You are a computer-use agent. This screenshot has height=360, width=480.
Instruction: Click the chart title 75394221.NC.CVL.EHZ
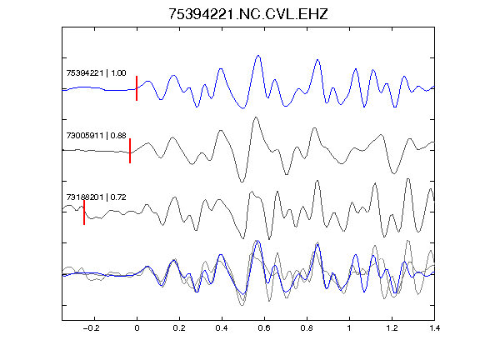[248, 14]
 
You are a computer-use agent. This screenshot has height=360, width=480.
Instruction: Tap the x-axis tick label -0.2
[91, 328]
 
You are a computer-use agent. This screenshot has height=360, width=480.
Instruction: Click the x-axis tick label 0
[137, 328]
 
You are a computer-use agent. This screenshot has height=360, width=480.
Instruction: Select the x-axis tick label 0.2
[179, 328]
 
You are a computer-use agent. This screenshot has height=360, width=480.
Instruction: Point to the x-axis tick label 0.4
[222, 328]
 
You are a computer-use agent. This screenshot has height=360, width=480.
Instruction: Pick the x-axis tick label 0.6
[264, 328]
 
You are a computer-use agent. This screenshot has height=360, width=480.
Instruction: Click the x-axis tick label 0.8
[307, 328]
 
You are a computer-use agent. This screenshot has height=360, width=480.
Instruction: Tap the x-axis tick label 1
[349, 328]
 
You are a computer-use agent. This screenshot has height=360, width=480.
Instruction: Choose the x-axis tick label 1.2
[392, 328]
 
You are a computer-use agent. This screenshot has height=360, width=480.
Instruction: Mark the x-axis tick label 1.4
[434, 328]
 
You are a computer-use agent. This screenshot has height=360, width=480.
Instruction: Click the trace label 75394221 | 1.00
[96, 73]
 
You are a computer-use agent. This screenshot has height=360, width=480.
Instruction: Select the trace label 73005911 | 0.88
[96, 135]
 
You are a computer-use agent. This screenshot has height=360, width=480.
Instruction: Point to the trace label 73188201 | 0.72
[96, 197]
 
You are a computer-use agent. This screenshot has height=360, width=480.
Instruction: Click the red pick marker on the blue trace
[137, 88]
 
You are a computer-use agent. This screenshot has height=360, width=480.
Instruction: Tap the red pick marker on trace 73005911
[130, 151]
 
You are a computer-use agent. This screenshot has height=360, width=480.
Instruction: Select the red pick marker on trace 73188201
[84, 212]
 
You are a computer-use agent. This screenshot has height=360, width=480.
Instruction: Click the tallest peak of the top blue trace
[258, 56]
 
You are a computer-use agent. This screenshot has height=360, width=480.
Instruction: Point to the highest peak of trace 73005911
[256, 117]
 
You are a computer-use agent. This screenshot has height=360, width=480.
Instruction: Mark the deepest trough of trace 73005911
[242, 182]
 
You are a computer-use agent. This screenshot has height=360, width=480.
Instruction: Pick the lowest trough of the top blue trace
[243, 108]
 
